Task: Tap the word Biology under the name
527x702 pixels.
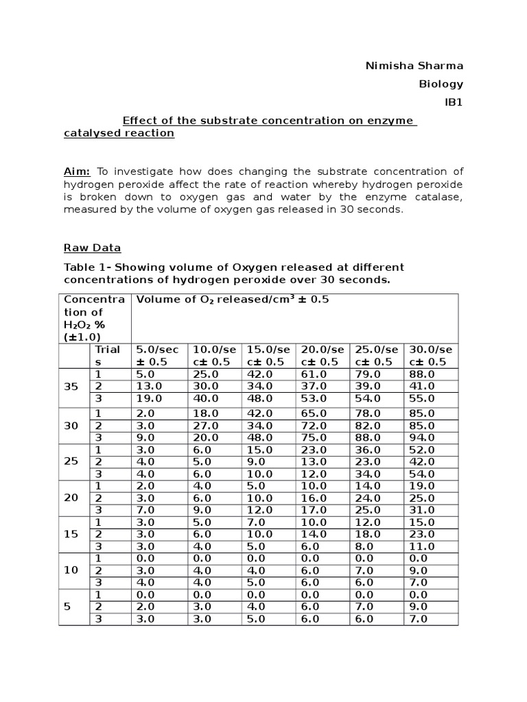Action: pos(441,84)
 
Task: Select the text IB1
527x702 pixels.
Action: pos(454,102)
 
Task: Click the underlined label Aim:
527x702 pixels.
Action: pos(78,171)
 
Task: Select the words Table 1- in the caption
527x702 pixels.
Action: pos(85,267)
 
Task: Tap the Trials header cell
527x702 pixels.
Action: pos(107,355)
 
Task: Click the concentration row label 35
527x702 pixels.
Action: pos(71,387)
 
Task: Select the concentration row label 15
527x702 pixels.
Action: pos(71,533)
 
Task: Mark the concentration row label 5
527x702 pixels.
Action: pos(67,607)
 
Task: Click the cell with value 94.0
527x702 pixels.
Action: pos(421,437)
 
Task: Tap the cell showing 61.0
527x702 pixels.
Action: pos(312,374)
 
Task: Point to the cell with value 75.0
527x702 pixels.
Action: pos(312,437)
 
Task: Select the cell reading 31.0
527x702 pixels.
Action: pos(421,510)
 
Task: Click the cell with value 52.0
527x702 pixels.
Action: pos(421,450)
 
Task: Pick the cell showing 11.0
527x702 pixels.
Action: pos(421,546)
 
